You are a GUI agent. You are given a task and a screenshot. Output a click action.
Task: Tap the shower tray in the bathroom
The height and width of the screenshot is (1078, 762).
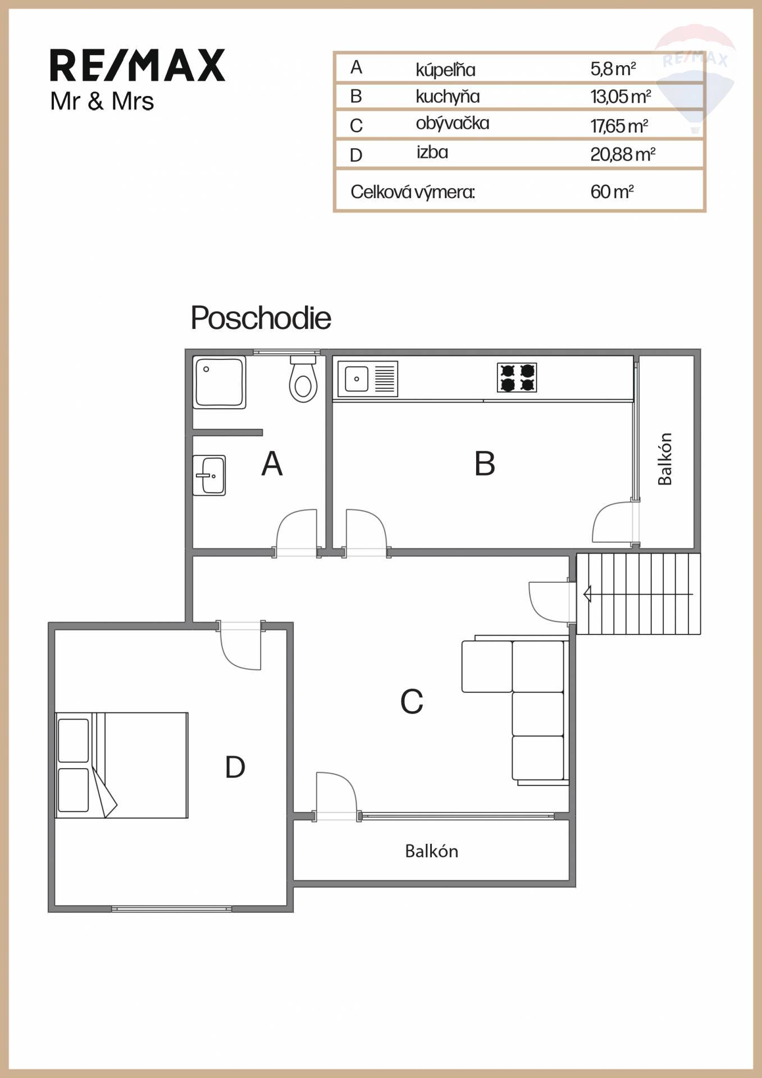(x=219, y=382)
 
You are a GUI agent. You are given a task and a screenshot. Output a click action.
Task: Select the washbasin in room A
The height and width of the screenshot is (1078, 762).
(x=209, y=475)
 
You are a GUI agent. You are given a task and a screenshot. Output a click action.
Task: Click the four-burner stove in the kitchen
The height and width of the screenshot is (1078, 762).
(x=517, y=377)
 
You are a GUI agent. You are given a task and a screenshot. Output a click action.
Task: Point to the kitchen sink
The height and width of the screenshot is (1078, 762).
(x=368, y=378)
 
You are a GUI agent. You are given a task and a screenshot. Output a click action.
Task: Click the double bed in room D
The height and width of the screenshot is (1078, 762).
(x=122, y=765)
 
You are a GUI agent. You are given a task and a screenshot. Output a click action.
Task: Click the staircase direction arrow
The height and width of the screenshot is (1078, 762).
(x=638, y=593)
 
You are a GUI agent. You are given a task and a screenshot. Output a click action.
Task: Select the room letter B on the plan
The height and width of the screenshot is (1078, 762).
(x=485, y=464)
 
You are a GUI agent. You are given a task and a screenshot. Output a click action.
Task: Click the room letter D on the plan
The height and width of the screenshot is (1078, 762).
(x=235, y=767)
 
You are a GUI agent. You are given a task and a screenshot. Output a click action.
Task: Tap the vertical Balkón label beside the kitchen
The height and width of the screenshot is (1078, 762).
(x=665, y=459)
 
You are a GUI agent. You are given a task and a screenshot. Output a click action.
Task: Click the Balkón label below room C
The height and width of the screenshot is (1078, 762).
(x=431, y=851)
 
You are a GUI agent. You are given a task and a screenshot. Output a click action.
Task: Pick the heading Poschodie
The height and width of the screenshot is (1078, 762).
(x=261, y=318)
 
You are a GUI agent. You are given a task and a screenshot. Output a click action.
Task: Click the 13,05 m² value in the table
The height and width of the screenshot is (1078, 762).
(x=620, y=97)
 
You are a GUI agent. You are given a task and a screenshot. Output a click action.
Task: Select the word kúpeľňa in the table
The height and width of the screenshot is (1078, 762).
(x=445, y=70)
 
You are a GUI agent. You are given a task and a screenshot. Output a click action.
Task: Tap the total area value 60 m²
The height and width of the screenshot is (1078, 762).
(x=612, y=192)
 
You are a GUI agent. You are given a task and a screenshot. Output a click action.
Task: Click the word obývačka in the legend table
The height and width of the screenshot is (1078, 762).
(x=453, y=124)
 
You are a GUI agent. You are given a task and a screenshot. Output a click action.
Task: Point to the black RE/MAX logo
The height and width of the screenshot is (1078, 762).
(x=138, y=66)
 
